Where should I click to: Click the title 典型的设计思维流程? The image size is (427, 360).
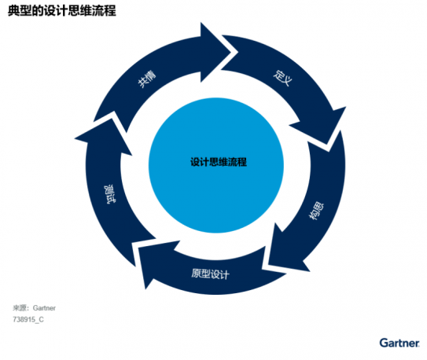(62, 11)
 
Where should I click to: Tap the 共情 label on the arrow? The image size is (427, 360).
(147, 79)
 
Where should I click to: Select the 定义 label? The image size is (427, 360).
(283, 78)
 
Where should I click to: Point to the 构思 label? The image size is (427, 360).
(316, 211)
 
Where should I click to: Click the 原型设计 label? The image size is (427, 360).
(210, 274)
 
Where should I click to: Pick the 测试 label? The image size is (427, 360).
(109, 194)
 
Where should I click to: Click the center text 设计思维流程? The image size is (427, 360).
(219, 162)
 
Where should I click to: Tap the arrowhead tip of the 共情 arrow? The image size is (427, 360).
(237, 52)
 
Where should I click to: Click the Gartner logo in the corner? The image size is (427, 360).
(399, 343)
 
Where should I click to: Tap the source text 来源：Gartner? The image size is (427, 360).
(34, 308)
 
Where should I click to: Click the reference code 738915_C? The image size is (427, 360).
(28, 319)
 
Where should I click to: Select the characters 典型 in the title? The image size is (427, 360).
(20, 11)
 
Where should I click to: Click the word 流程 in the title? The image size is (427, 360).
(105, 11)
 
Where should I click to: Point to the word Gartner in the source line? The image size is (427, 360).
(44, 308)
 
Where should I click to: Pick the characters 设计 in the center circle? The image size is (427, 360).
(200, 162)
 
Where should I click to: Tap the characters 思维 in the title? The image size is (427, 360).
(80, 11)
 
